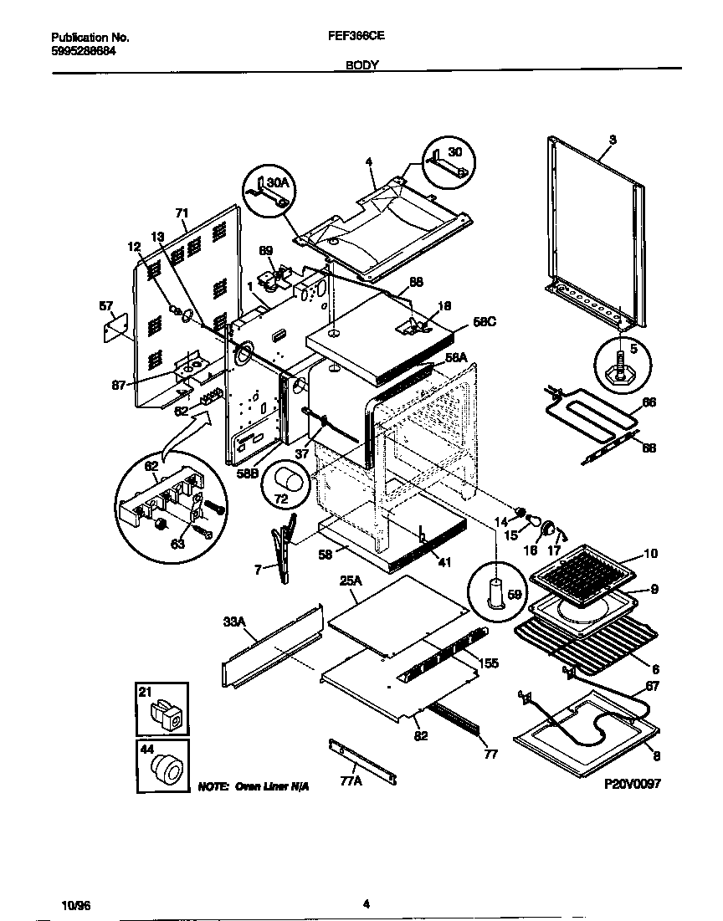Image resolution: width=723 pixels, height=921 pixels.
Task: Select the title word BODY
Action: pos(361,64)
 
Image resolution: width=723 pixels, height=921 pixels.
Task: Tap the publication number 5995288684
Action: pos(84,49)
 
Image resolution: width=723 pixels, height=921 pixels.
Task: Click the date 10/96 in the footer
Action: pos(74,905)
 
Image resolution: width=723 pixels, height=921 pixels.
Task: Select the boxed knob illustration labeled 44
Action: pos(162,765)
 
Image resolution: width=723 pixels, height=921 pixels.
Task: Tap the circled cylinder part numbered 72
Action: pos(285,482)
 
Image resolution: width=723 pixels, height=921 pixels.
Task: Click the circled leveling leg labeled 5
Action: pos(620,366)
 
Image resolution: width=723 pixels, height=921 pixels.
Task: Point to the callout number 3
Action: pos(613,140)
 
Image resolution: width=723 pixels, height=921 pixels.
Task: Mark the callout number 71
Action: pos(182,213)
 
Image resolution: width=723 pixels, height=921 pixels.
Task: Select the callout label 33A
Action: pos(235,622)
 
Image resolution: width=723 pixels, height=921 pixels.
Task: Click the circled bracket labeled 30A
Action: pos(270,192)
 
